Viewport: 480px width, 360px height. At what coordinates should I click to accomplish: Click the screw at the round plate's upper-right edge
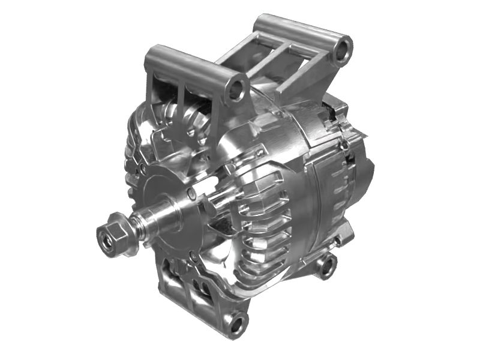pyautogui.click(x=191, y=193)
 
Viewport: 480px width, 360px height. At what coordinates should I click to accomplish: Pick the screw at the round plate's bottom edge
pyautogui.click(x=192, y=256)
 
